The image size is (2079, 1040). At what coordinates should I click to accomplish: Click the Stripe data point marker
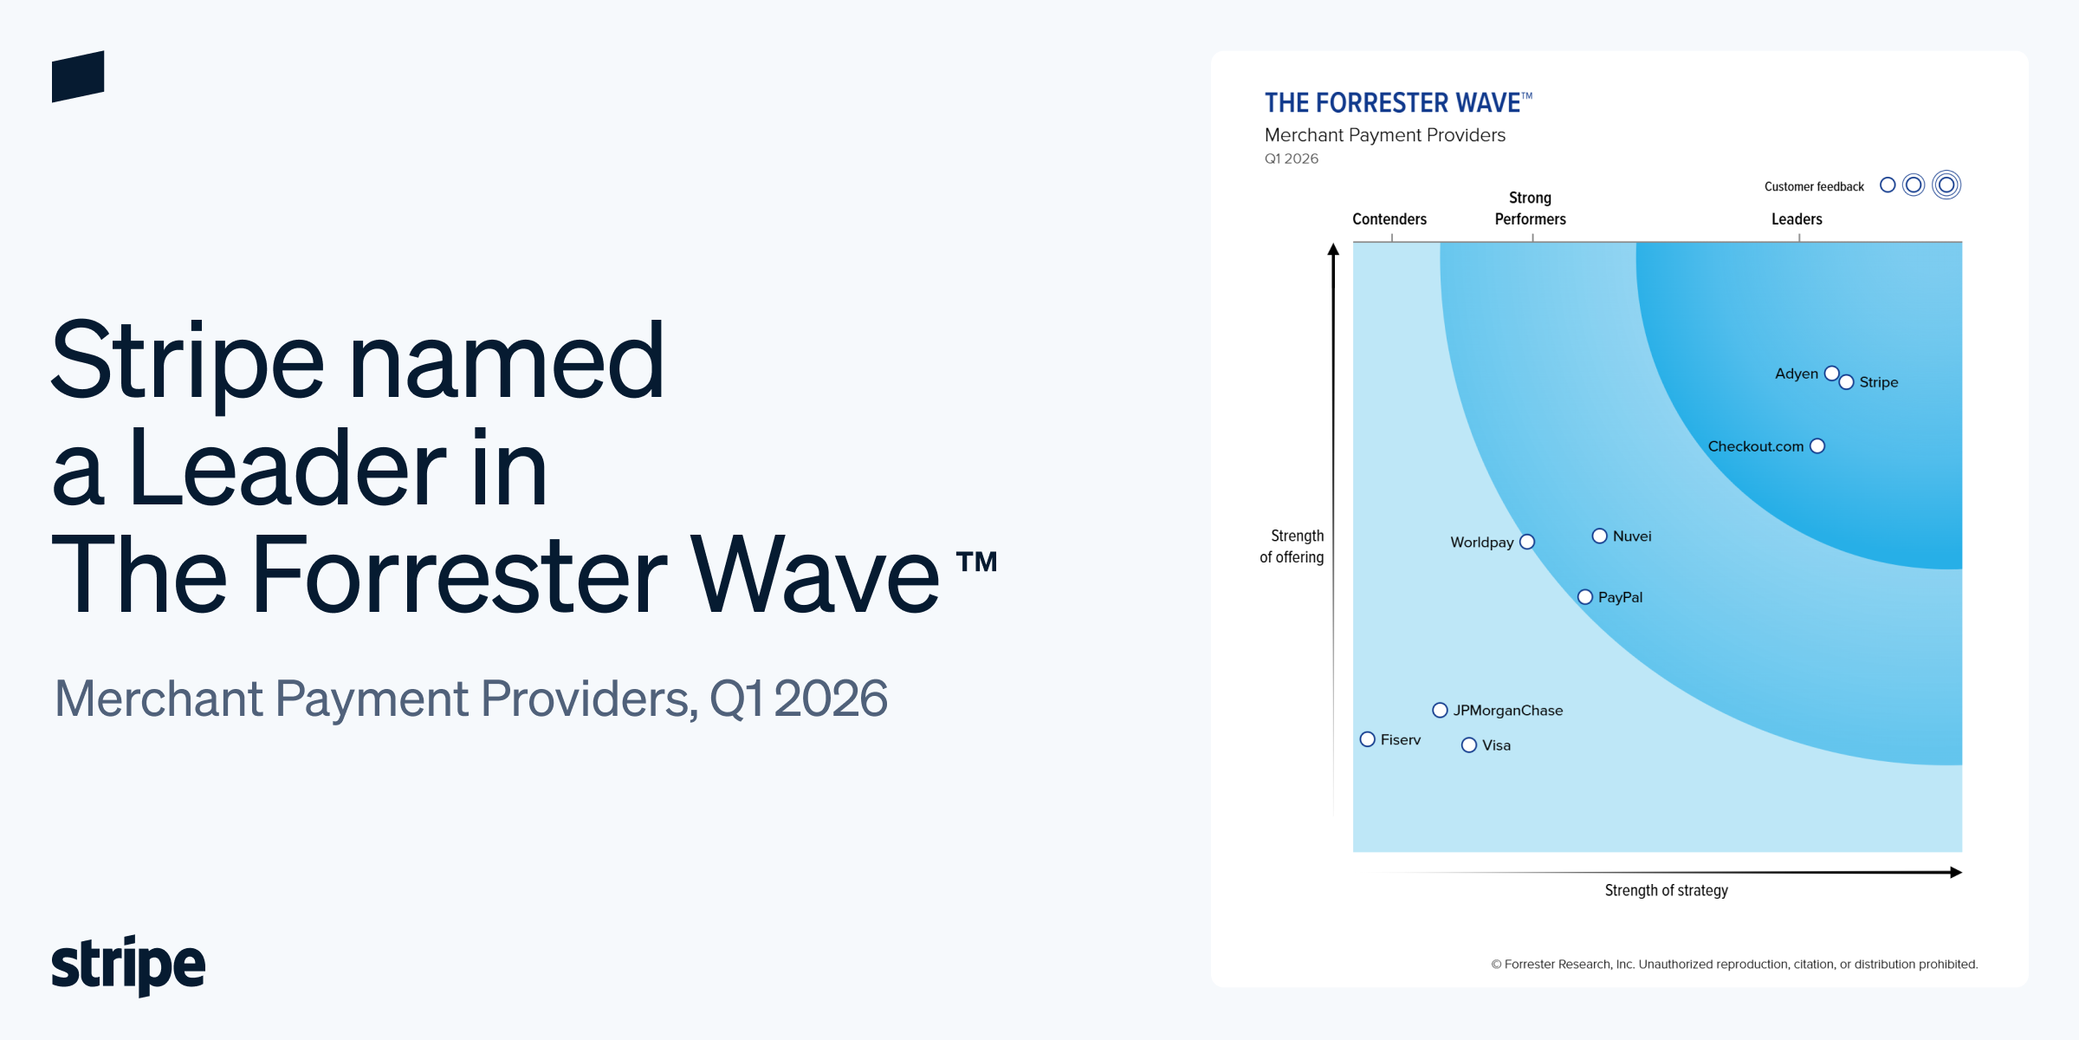1846,382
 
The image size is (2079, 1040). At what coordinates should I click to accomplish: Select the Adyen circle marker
1831,374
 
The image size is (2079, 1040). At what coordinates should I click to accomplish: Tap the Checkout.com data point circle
1817,446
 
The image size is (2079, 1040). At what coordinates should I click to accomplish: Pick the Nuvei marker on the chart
1599,536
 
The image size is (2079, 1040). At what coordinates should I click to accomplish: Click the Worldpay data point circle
1527,542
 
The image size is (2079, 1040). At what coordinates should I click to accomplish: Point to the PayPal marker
1584,597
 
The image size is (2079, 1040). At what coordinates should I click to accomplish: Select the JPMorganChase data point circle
1440,711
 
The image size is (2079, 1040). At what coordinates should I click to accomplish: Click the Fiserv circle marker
1367,739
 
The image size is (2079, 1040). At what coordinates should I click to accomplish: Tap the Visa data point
1468,745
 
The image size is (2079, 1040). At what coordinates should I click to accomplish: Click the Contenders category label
1389,219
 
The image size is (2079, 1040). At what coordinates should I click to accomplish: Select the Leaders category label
1796,219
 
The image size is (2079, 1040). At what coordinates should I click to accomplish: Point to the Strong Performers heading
1530,209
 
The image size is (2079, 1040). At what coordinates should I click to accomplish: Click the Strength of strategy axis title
1666,891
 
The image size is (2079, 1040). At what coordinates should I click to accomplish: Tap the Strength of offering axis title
1292,547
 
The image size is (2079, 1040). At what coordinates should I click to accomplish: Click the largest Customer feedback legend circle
1946,185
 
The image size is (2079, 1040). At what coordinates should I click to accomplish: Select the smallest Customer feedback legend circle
1888,185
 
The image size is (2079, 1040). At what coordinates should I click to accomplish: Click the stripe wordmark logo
128,965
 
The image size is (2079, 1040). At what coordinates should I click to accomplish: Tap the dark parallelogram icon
78,76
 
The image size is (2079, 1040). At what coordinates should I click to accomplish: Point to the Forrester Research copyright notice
1734,965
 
